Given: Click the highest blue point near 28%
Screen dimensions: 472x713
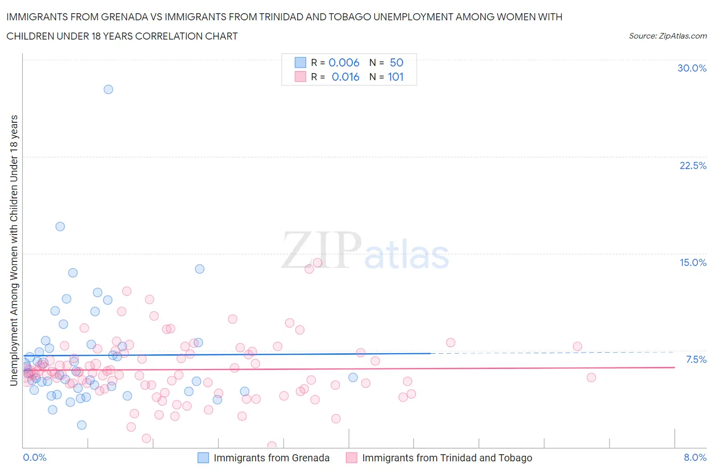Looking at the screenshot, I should [108, 89].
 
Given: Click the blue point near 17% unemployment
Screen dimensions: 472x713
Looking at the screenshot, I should [60, 226].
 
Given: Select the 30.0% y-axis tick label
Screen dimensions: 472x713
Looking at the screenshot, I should [692, 68].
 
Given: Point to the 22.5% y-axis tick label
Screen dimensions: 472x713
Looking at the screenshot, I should [693, 165].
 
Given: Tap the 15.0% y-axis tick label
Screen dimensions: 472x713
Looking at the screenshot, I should [693, 262].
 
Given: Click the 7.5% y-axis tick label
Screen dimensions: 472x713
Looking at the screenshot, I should [696, 359].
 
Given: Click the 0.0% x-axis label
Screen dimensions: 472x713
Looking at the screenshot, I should [34, 457].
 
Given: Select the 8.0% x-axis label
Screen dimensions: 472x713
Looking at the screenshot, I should [695, 457].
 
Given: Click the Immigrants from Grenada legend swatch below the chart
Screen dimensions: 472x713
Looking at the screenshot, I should [203, 458].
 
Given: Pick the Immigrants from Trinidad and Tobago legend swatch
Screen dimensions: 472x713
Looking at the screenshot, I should [351, 458].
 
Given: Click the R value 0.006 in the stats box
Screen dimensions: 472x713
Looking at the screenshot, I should [344, 62].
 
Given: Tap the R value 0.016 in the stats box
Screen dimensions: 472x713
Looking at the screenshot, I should [345, 77].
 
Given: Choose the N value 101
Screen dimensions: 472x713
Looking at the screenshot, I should [396, 77].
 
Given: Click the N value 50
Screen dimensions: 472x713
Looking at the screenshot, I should [397, 62].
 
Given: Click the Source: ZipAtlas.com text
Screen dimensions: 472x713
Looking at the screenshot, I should [667, 36].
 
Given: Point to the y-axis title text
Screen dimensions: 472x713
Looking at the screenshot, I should [14, 250].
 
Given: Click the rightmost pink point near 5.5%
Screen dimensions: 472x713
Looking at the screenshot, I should [591, 377].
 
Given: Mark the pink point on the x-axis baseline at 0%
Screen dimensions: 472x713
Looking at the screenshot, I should [272, 446].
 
